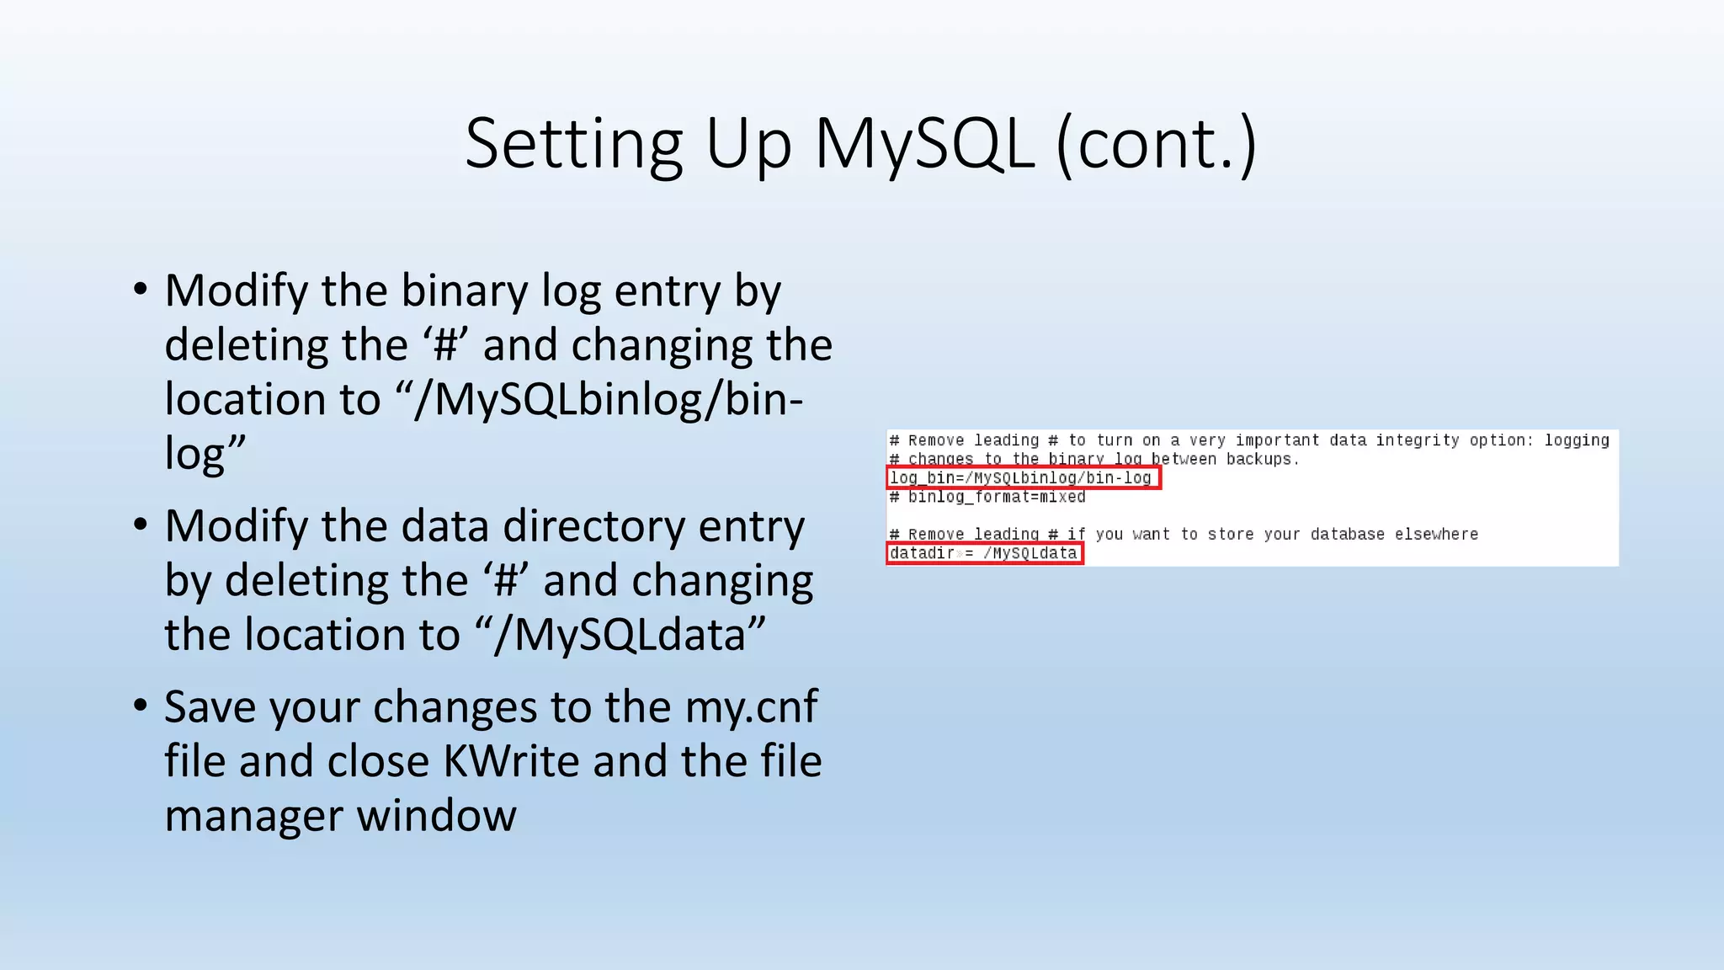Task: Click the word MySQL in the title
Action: click(x=923, y=145)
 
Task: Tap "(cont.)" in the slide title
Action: click(x=1156, y=145)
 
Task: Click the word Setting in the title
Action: click(x=573, y=145)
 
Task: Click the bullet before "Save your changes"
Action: click(x=141, y=706)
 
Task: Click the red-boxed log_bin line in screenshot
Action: click(x=1022, y=478)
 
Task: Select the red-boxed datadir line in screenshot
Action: click(x=983, y=553)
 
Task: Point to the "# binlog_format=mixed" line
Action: click(x=987, y=497)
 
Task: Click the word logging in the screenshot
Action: click(x=1576, y=440)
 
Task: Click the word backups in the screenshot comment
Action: click(x=1258, y=459)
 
